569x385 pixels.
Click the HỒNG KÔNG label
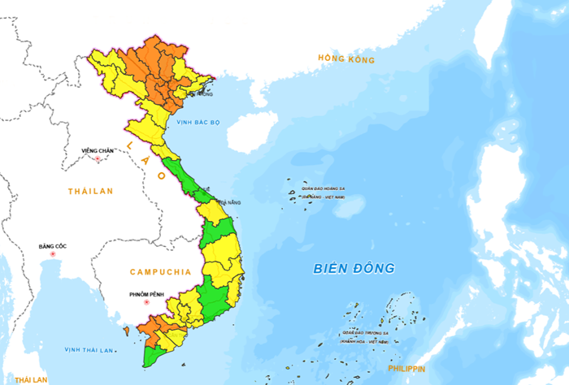tap(346, 59)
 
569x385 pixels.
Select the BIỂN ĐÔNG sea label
tap(355, 268)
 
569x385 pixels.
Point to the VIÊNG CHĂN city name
tap(98, 150)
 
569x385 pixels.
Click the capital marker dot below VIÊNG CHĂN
tap(98, 158)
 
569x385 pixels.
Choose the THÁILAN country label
tap(91, 191)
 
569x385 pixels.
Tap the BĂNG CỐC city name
tap(54, 245)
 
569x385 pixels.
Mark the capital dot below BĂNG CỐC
tap(54, 254)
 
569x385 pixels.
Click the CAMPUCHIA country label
tap(159, 272)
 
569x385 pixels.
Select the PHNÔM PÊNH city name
tap(146, 294)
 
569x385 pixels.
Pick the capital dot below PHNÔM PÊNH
tap(148, 304)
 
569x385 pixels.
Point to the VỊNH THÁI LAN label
tap(89, 350)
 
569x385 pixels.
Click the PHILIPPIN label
tap(406, 369)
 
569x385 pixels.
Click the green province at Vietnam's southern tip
tap(152, 357)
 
